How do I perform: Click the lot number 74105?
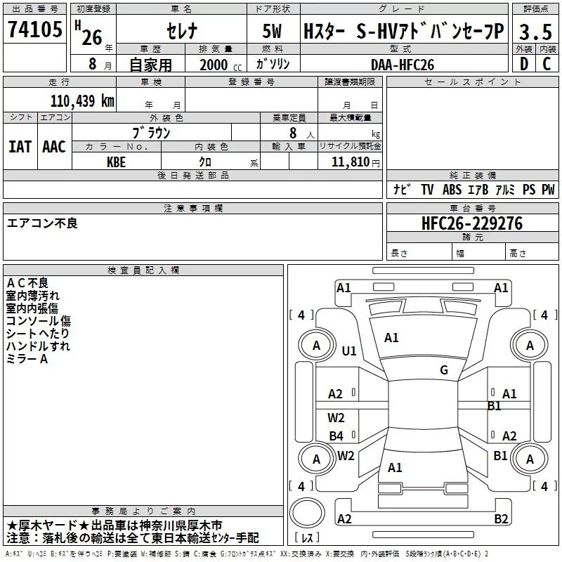click(x=34, y=29)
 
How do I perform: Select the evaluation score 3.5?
click(x=535, y=32)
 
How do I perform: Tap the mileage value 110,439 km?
click(x=82, y=100)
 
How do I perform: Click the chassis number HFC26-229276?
click(x=472, y=223)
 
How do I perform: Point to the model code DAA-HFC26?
click(x=403, y=65)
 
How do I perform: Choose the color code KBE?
click(x=116, y=162)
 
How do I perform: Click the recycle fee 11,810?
click(x=350, y=162)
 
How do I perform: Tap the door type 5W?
click(x=272, y=31)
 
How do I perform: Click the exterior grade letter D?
click(x=524, y=64)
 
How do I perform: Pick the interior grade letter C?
click(x=547, y=64)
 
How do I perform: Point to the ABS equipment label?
click(x=452, y=189)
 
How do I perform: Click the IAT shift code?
click(x=20, y=147)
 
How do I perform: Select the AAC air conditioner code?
click(x=54, y=147)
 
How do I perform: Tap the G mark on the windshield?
click(x=444, y=370)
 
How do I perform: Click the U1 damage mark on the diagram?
click(x=349, y=351)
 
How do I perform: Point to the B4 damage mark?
click(x=336, y=436)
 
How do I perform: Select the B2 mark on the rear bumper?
click(x=501, y=518)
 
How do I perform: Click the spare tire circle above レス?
click(x=307, y=513)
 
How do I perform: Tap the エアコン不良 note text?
click(x=42, y=223)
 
